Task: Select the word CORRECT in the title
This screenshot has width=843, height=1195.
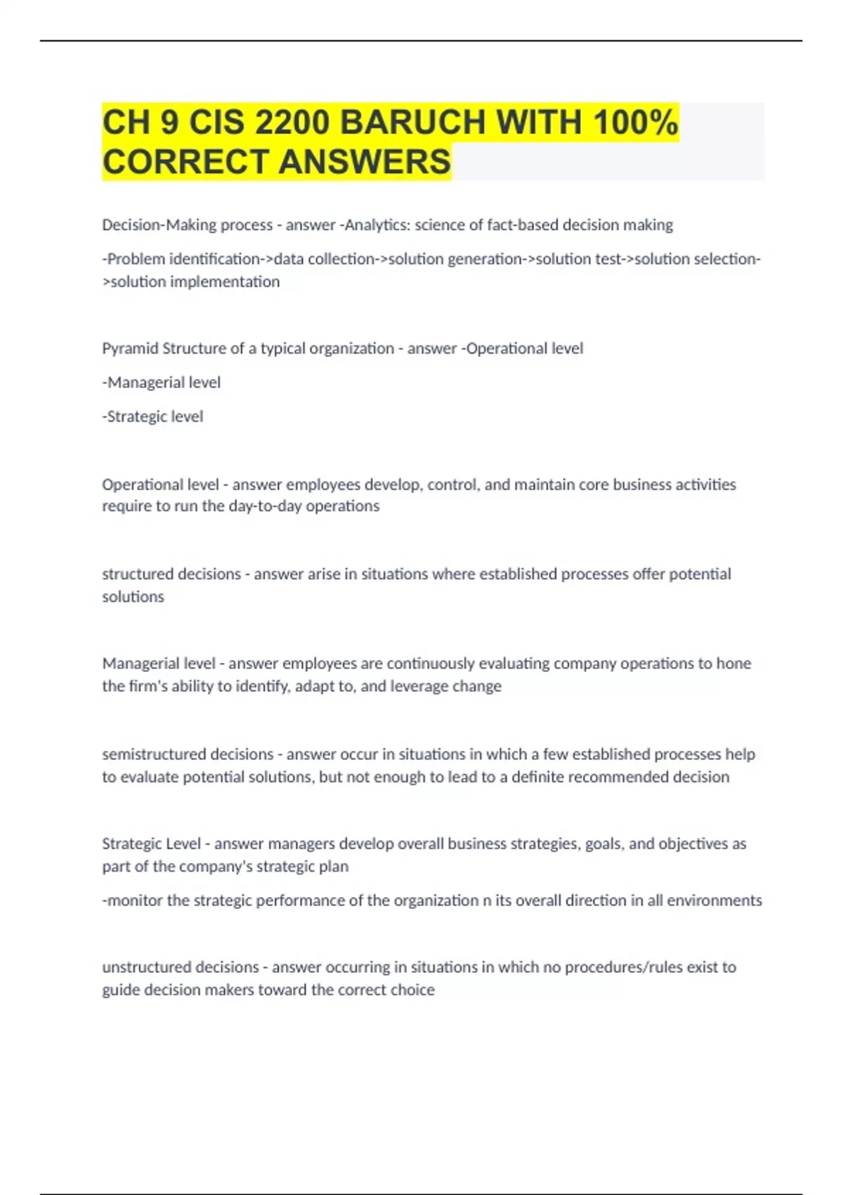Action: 185,162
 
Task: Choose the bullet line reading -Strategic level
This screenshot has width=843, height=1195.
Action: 152,416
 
